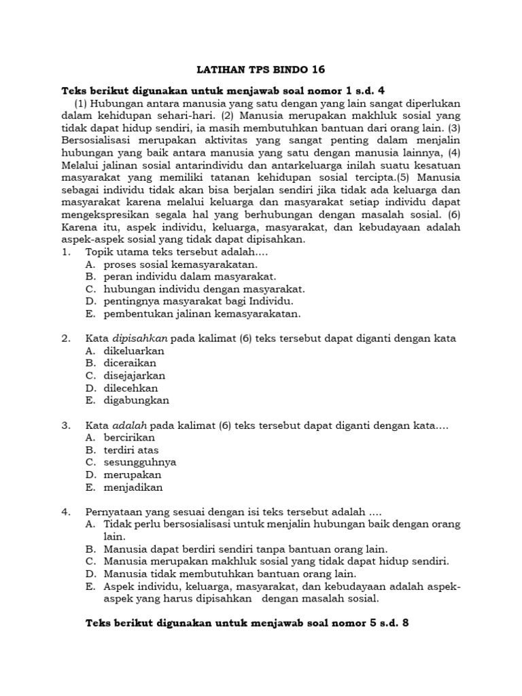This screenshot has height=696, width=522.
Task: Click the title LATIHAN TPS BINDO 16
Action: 261,69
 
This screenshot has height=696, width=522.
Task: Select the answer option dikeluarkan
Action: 134,351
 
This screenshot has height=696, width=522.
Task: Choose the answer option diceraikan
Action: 130,363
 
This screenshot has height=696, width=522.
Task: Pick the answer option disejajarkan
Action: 134,375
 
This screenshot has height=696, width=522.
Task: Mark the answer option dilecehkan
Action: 131,388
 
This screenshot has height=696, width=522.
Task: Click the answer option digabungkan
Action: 136,400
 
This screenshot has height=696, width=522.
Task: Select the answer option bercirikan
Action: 129,438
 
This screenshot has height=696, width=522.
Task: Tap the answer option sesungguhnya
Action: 140,462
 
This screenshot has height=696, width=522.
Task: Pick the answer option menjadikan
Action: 134,487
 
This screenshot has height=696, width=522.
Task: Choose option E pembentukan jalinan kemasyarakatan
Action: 202,313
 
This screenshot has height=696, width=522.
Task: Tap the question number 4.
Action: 65,512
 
